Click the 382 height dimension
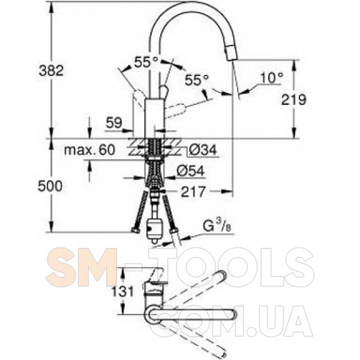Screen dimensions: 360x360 [51, 70]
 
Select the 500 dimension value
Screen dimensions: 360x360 [50, 186]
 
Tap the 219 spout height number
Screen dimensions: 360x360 [294, 100]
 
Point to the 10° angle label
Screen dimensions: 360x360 [272, 77]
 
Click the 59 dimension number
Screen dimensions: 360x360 [114, 123]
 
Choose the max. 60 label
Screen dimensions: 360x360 [89, 150]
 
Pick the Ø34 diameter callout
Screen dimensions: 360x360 [203, 150]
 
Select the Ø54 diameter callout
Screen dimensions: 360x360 [190, 171]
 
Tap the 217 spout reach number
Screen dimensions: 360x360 [193, 192]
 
